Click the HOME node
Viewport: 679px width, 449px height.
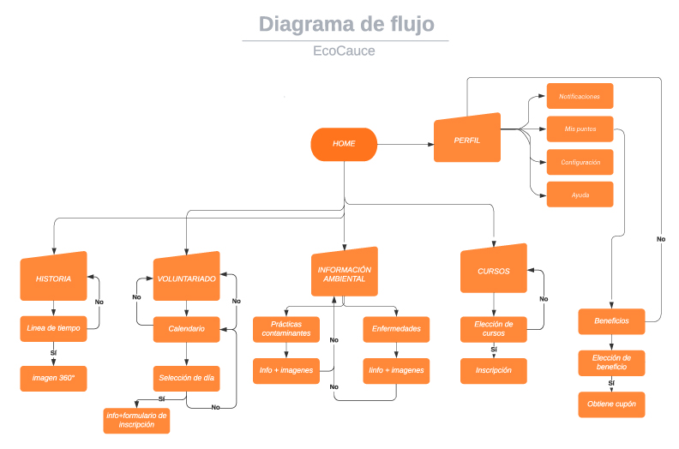(344, 144)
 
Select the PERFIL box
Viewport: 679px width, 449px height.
(467, 139)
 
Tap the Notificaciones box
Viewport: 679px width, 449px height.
(580, 96)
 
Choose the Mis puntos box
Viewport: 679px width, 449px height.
(580, 129)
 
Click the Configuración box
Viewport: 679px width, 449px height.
(580, 162)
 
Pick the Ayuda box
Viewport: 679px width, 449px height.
(580, 195)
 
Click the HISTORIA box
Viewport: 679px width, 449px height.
(54, 278)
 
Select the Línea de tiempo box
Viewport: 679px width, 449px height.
(54, 329)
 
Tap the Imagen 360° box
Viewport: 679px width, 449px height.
(54, 378)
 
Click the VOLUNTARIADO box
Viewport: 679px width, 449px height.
(186, 278)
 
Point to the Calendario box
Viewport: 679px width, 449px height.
(186, 328)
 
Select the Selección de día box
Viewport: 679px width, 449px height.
(186, 378)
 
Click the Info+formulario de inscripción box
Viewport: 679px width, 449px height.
(137, 420)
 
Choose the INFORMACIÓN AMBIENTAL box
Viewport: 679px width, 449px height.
(344, 273)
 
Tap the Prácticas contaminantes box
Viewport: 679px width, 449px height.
(286, 328)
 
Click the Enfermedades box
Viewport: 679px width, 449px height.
(396, 328)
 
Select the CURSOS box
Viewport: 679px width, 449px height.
(493, 271)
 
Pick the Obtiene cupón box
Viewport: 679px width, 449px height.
(610, 404)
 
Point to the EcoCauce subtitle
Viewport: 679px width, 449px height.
(344, 51)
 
